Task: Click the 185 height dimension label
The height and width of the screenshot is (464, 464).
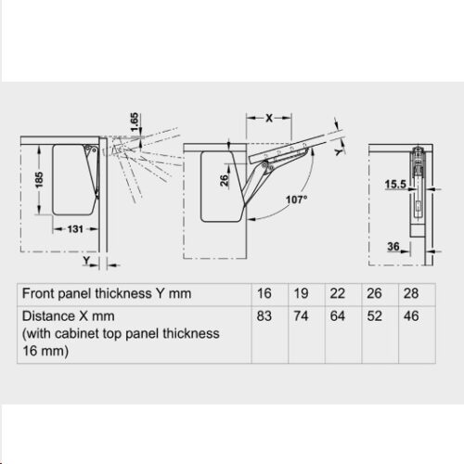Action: pos(39,180)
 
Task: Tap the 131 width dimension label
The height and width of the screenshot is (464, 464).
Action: pos(75,229)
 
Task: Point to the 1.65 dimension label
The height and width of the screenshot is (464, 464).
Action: pos(135,122)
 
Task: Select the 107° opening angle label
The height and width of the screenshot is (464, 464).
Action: pos(297,200)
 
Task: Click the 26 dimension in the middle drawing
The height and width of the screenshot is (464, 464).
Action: pos(225,180)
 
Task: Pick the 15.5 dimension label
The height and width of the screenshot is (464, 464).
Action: pos(395,185)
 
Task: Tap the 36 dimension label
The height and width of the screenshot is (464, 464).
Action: pos(393,247)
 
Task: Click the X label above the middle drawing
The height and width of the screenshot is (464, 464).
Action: pos(269,118)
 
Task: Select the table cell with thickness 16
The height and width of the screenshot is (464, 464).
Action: pos(264,293)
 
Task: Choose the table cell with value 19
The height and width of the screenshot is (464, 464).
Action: pos(301,293)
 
